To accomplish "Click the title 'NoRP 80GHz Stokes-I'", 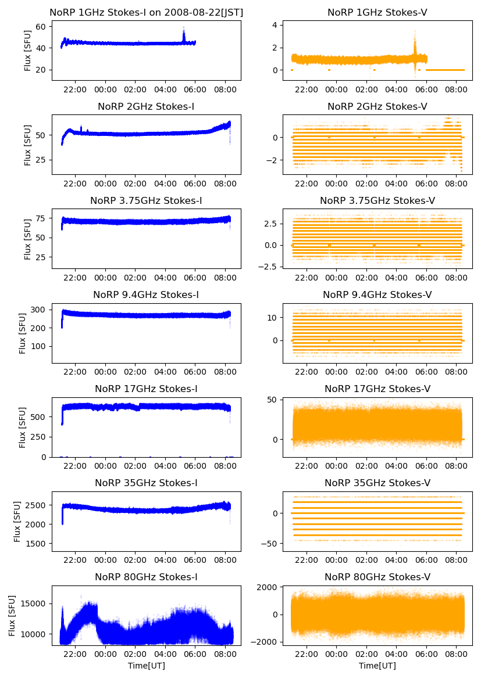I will (146, 577).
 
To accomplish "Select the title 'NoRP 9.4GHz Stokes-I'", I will (146, 294).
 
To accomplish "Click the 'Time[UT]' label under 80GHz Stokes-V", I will (377, 666).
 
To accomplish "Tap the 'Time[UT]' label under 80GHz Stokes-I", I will (146, 666).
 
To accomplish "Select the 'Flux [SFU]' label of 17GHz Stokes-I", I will (23, 427).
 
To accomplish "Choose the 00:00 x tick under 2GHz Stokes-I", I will (105, 184).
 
